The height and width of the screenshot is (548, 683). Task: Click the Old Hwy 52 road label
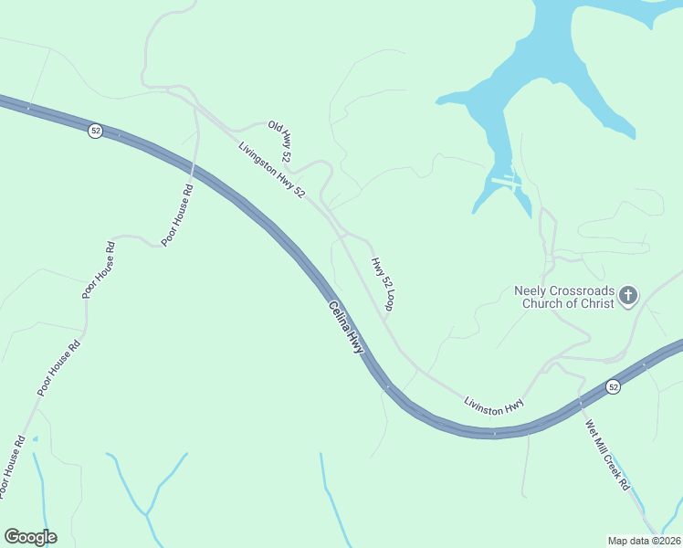[278, 136]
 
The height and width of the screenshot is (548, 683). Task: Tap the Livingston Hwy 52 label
[271, 171]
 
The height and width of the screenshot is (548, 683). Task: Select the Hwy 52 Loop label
[382, 284]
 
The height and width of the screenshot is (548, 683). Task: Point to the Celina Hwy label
[345, 328]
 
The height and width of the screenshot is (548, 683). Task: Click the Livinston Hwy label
[493, 406]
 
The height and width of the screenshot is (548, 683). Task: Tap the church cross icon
[627, 295]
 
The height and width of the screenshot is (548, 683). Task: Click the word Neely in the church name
[531, 290]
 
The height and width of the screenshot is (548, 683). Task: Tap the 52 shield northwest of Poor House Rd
[95, 132]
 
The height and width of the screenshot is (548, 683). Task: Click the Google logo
[30, 537]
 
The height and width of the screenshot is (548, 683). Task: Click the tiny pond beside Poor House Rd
[35, 439]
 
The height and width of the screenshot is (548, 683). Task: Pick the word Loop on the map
[388, 300]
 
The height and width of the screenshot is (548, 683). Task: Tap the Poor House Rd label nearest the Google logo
[11, 466]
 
